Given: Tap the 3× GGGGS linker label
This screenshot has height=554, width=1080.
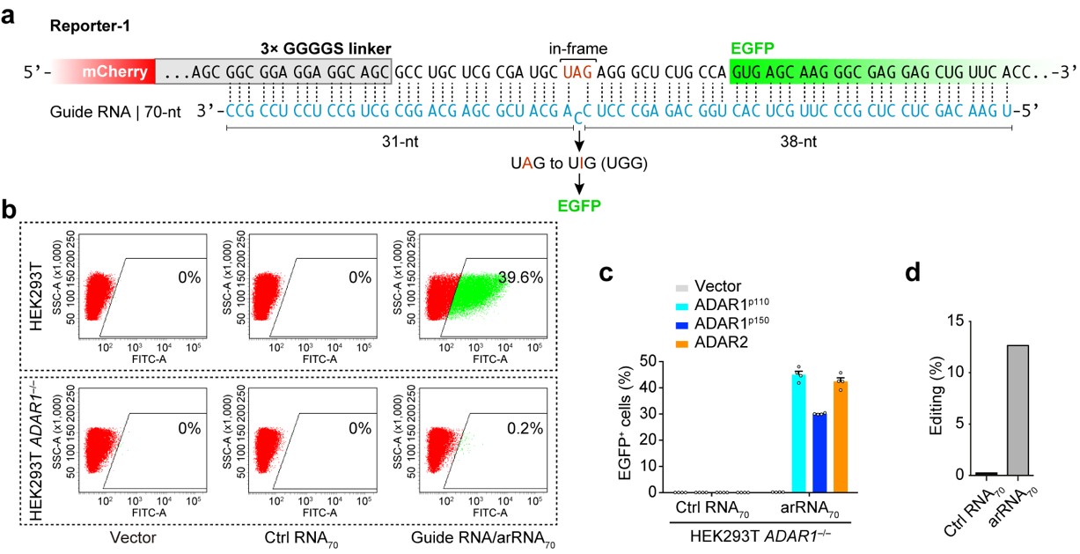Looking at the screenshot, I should pyautogui.click(x=300, y=46).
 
